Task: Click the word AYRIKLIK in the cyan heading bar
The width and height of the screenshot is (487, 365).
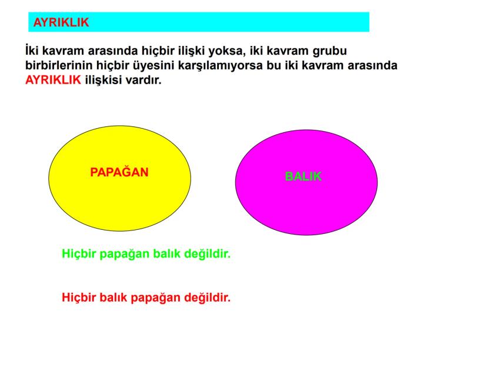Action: click(61, 22)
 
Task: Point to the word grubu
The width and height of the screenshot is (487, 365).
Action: click(338, 51)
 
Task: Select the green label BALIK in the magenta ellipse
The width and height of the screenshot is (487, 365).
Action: click(303, 176)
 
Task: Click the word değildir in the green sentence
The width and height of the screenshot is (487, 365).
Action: click(205, 255)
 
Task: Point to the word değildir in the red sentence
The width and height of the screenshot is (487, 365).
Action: click(205, 297)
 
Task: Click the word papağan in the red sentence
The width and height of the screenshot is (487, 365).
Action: click(156, 297)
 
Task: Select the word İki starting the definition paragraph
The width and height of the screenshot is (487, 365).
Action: click(34, 51)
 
